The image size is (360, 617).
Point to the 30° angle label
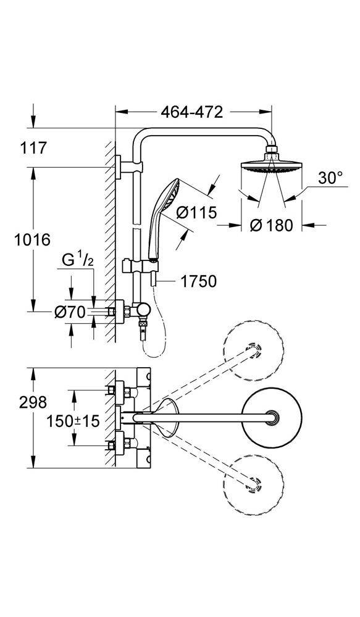(x=330, y=179)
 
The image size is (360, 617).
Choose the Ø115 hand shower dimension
(x=197, y=213)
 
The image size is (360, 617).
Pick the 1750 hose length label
(x=198, y=281)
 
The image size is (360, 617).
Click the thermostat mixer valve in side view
(x=133, y=312)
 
